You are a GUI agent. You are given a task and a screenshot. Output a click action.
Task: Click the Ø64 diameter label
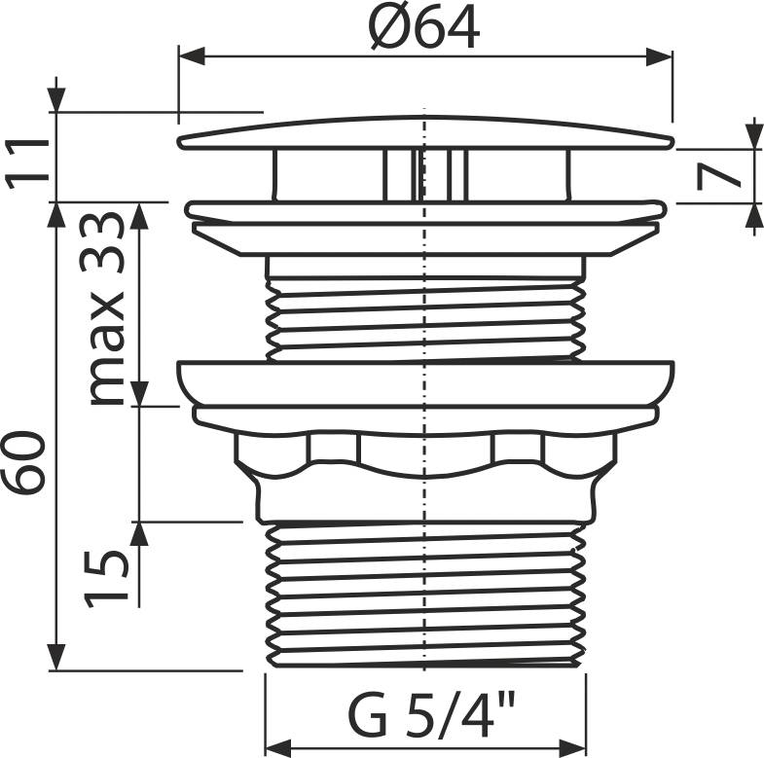[x=424, y=28]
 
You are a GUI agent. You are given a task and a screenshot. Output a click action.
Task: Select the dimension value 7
[x=717, y=176]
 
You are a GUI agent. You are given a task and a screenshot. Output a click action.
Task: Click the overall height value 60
[x=24, y=463]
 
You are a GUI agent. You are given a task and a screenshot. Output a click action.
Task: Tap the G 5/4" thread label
[x=431, y=713]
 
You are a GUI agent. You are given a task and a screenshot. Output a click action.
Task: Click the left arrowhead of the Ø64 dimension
[x=192, y=56]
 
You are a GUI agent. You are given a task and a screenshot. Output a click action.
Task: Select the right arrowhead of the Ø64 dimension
[x=659, y=56]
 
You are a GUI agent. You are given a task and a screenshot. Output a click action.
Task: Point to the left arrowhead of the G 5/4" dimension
[x=278, y=747]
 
